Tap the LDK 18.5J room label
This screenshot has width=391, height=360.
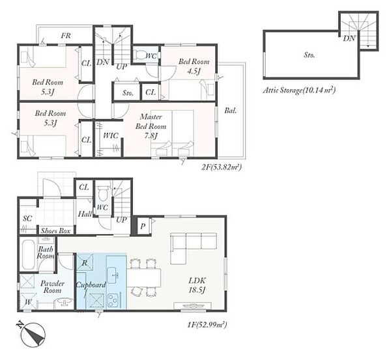coord(197,285)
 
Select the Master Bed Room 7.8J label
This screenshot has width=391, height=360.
coord(151,126)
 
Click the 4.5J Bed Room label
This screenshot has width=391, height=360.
coord(194,66)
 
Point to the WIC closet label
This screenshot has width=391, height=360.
coord(111,136)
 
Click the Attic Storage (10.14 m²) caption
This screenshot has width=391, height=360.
coord(299,90)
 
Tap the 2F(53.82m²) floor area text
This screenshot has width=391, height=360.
coord(222,167)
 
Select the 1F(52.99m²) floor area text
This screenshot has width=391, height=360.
coord(207,325)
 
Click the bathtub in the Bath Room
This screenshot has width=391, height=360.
coord(29,255)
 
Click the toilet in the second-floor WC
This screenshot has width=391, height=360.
coord(139,54)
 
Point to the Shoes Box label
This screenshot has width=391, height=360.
coord(55,231)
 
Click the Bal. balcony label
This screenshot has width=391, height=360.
coord(231,111)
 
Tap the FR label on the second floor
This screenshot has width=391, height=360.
coord(66,36)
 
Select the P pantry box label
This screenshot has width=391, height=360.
coord(143,226)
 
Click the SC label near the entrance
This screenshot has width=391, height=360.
coord(27,219)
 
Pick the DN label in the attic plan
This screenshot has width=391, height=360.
coord(349,38)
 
